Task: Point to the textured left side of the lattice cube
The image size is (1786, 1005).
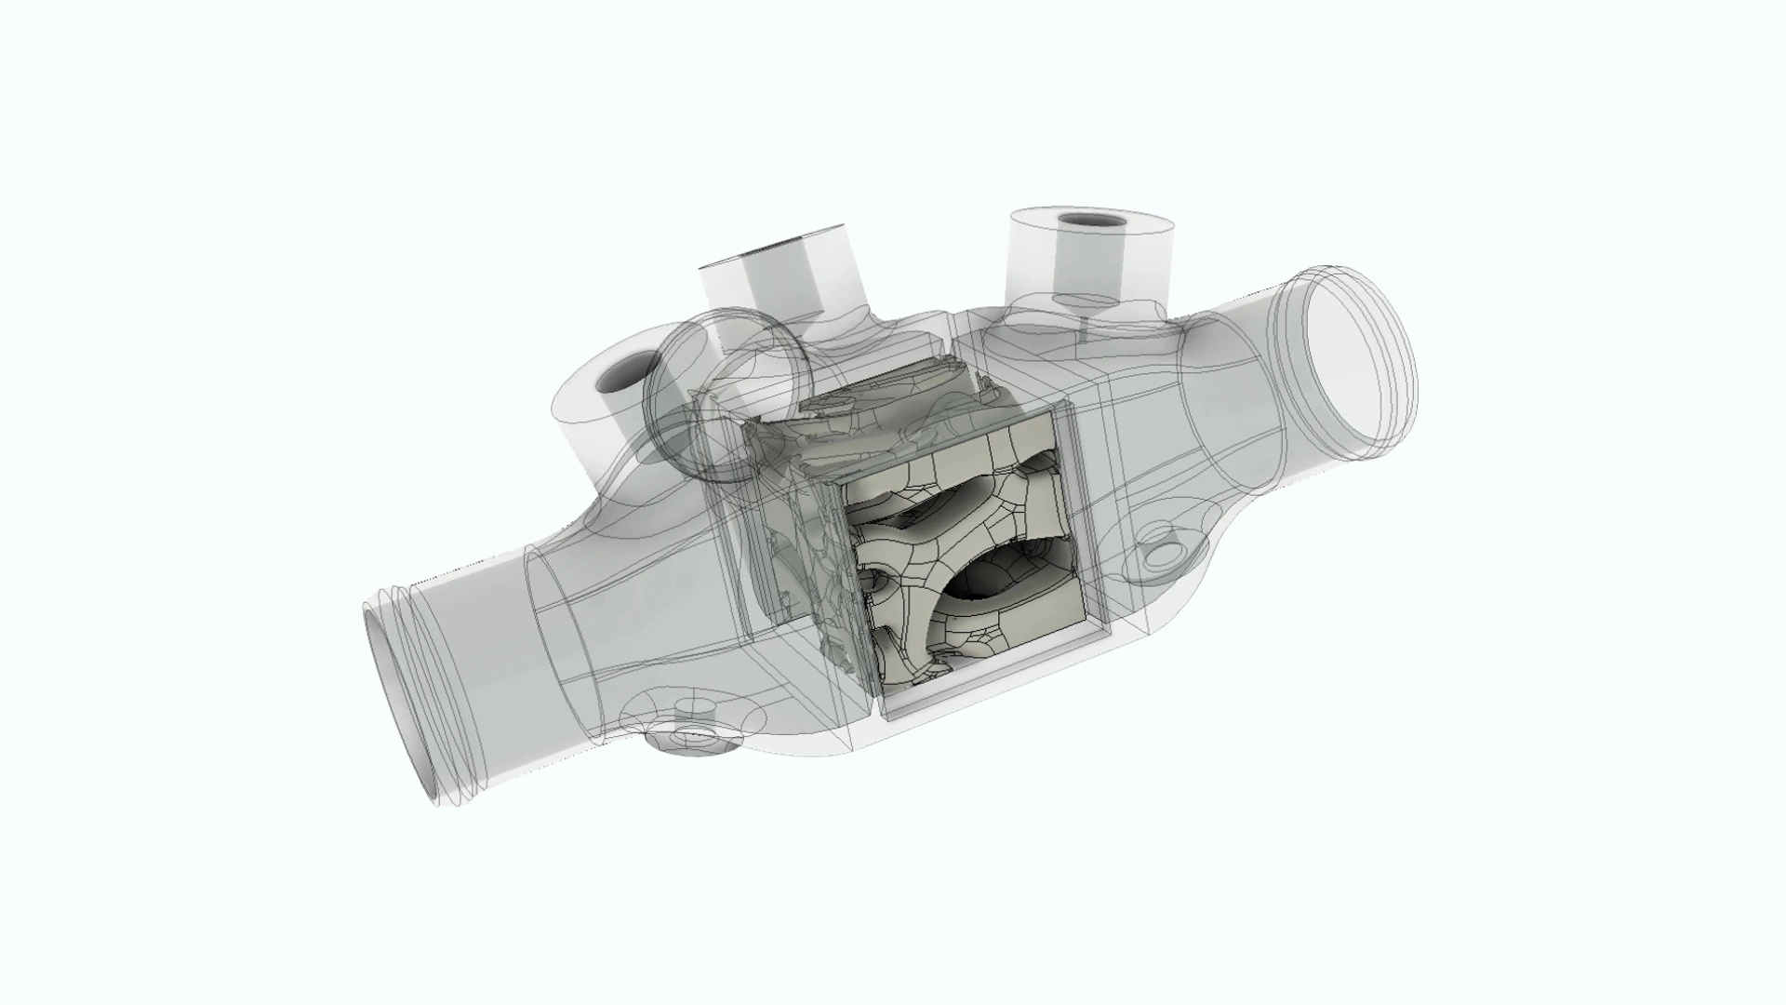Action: [x=819, y=577]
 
